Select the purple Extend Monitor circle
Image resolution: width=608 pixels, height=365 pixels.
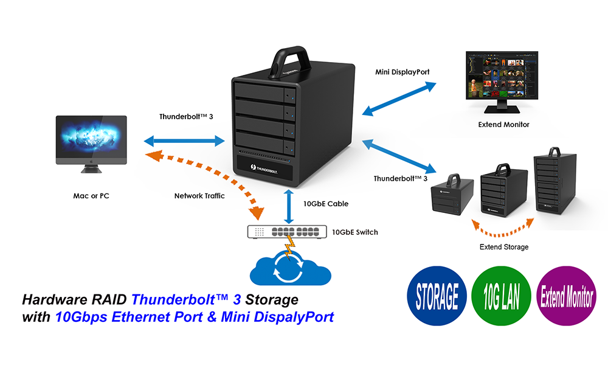(x=567, y=297)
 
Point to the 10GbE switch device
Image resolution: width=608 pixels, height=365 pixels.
(x=285, y=232)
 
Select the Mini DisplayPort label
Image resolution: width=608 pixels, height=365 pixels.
(x=402, y=72)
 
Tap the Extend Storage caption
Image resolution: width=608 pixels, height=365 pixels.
(x=503, y=247)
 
